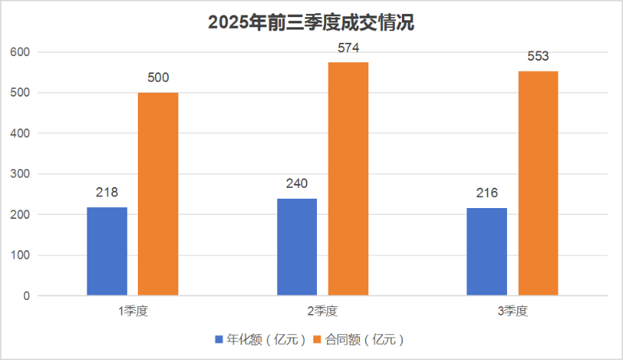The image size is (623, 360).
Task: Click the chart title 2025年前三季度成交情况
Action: point(311,23)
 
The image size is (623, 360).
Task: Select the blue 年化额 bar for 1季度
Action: point(107,251)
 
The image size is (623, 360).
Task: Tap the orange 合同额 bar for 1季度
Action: point(158,194)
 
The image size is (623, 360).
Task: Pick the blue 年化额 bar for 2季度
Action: point(297,247)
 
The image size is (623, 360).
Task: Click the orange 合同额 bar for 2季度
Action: point(348,179)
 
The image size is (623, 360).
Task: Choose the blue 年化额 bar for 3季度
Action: point(487,252)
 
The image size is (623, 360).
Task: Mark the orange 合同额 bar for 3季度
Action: point(538,183)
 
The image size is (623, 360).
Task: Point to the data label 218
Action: point(107,192)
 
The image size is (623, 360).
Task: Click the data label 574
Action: point(348,48)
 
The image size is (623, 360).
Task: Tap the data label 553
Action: point(538,56)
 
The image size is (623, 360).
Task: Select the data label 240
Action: point(297,184)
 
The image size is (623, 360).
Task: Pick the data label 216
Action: point(487,193)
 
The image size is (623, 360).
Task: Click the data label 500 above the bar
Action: point(158,78)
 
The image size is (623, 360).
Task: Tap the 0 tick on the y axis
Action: point(26,296)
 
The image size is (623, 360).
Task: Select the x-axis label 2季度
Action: point(322,312)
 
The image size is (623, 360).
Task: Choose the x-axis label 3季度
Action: point(512,312)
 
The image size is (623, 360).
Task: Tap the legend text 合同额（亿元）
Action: point(365,340)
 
